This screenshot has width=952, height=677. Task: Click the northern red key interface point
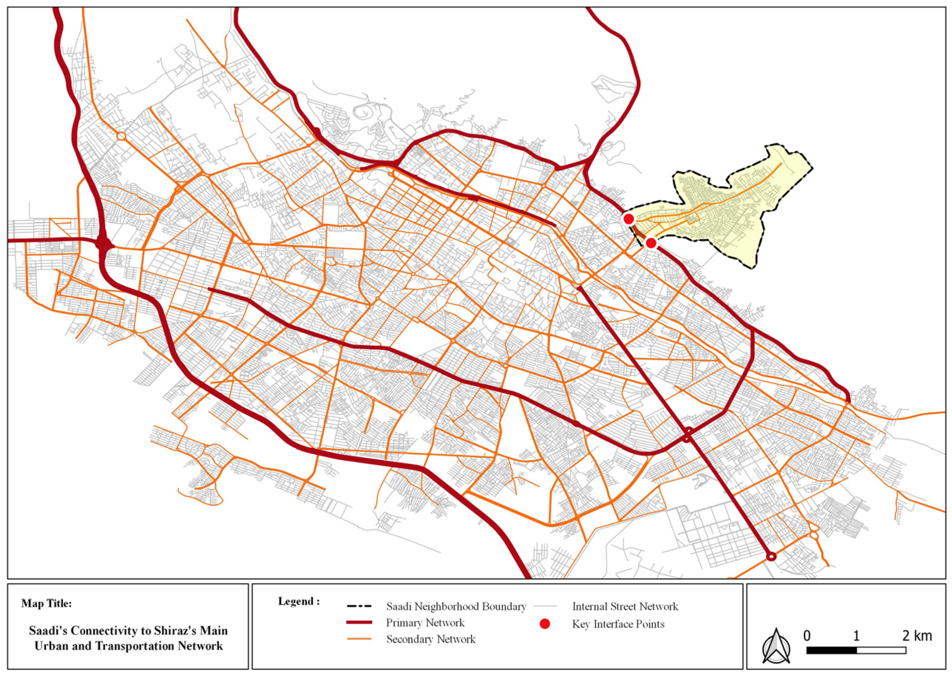(x=629, y=218)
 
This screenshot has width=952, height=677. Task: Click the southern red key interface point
(x=651, y=243)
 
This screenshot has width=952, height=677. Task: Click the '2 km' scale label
(x=917, y=636)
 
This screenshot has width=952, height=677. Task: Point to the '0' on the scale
(x=807, y=636)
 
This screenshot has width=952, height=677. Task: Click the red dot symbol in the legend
(x=545, y=624)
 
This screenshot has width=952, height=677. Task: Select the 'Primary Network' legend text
(x=425, y=623)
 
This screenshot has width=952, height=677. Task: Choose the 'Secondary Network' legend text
(x=430, y=639)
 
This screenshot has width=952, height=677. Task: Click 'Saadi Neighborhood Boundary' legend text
(x=456, y=607)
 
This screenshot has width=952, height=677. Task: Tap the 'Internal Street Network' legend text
(x=625, y=607)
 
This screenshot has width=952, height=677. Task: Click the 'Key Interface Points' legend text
(x=618, y=624)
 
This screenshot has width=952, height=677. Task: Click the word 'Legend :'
(x=299, y=602)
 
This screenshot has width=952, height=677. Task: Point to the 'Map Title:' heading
(x=46, y=604)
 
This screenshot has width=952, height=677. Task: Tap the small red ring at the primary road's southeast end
(x=771, y=556)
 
